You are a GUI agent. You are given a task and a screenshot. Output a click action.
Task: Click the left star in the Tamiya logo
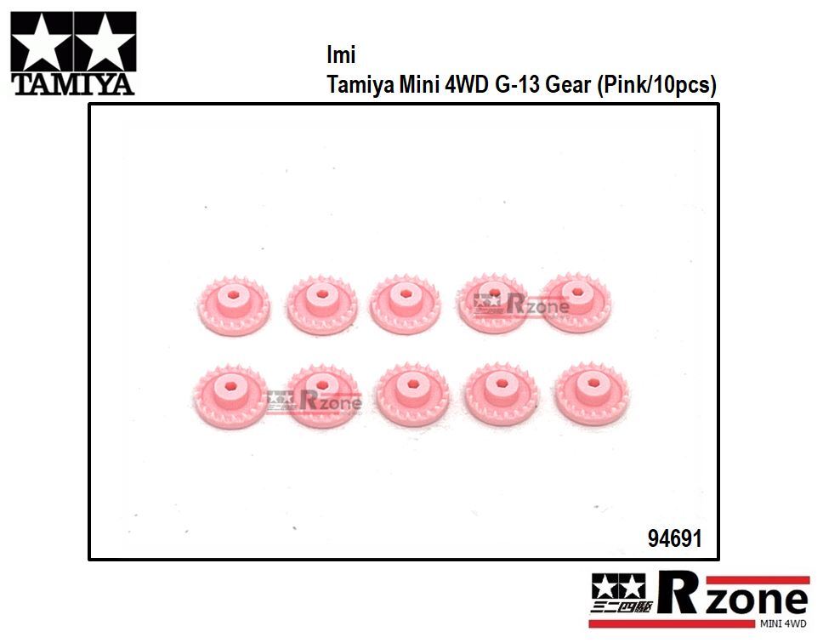(x=42, y=43)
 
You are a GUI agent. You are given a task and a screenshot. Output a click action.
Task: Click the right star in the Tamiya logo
(x=105, y=43)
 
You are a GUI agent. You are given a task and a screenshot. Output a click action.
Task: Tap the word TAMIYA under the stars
(x=73, y=84)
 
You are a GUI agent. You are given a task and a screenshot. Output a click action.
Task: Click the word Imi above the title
(x=341, y=54)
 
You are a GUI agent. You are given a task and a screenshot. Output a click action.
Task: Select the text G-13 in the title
(x=518, y=84)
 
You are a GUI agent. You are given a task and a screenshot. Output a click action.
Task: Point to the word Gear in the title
(x=568, y=84)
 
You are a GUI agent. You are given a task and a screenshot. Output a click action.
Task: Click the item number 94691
(x=674, y=538)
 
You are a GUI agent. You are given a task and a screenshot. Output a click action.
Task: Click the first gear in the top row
(x=233, y=305)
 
